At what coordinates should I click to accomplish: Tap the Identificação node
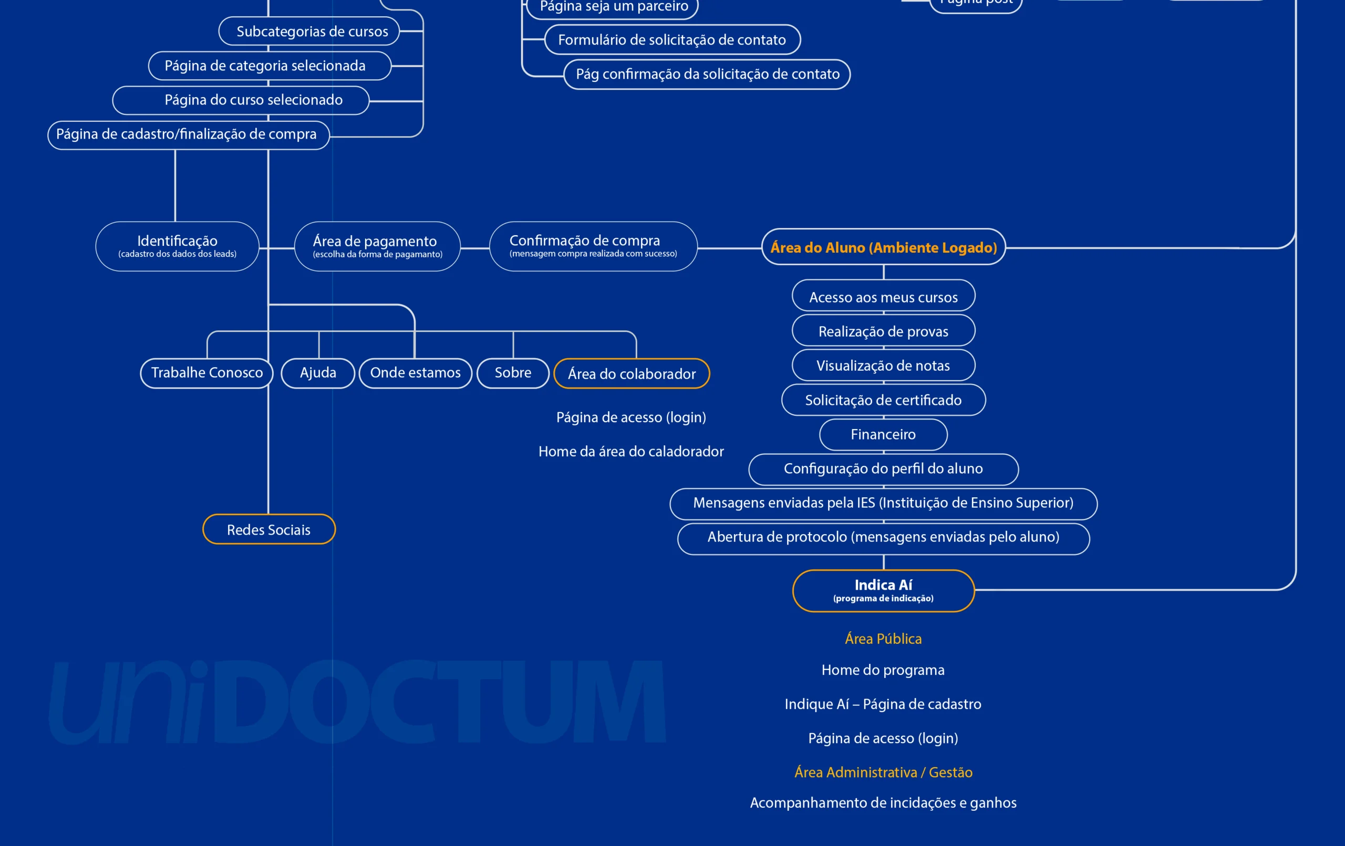[x=177, y=246]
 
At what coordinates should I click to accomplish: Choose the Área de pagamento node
[x=377, y=246]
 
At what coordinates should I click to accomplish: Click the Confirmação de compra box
[x=593, y=246]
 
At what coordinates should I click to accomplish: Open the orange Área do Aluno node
[x=883, y=247]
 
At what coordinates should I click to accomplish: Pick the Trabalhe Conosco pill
[x=206, y=373]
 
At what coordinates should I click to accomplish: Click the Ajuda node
[x=318, y=373]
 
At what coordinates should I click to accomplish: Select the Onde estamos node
[x=415, y=373]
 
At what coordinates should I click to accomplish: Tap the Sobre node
[x=513, y=373]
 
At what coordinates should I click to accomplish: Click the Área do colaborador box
[x=631, y=373]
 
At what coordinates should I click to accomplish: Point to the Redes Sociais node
[x=268, y=529]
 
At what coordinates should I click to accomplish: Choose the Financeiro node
[x=883, y=434]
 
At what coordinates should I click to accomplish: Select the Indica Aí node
[x=883, y=590]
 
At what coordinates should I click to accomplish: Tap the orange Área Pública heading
[x=883, y=639]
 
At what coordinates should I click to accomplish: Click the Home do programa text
[x=883, y=670]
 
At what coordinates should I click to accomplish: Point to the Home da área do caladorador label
[x=631, y=451]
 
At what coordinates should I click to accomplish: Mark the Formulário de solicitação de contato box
[x=672, y=39]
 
